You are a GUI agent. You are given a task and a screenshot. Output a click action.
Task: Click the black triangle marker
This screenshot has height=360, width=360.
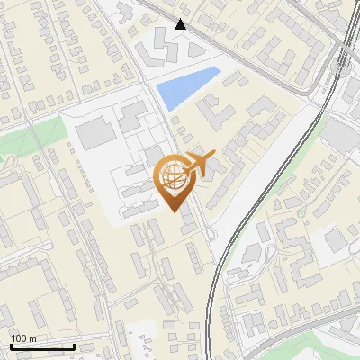(181, 24)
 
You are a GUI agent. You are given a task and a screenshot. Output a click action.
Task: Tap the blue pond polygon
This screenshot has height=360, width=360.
(187, 86)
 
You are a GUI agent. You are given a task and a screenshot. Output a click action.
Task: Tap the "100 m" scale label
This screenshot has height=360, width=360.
(23, 338)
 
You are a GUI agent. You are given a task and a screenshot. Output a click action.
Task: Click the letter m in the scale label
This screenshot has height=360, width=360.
(32, 338)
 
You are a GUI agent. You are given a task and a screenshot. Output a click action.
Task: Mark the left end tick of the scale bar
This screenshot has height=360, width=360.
(10, 346)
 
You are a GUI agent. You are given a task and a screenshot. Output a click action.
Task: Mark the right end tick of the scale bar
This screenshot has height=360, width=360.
(74, 346)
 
